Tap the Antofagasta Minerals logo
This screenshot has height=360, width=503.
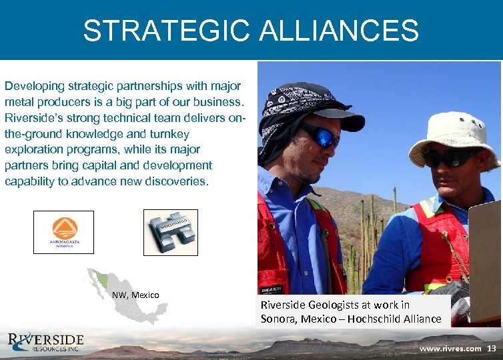pos(63,232)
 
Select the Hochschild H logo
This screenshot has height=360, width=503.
pos(171,232)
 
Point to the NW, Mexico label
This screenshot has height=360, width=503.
pos(135,295)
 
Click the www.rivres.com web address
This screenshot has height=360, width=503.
pos(450,349)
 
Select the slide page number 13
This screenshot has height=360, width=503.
pos(492,349)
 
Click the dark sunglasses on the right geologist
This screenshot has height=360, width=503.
pos(451,159)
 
